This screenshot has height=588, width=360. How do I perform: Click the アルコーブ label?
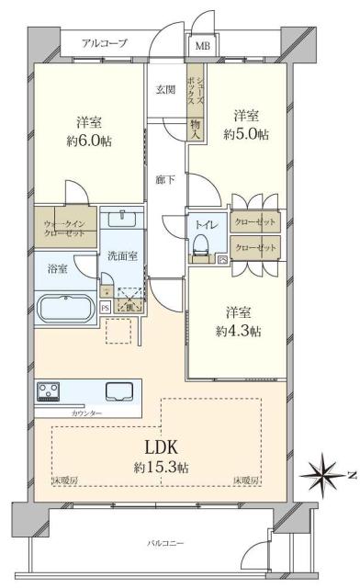point(104,43)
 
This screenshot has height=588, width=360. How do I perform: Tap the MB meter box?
point(201,45)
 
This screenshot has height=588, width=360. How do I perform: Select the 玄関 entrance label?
point(165,89)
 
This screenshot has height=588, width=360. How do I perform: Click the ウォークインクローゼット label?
point(65,228)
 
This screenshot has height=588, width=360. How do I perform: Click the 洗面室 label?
point(121,255)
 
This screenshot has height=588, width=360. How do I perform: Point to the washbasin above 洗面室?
point(121,220)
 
